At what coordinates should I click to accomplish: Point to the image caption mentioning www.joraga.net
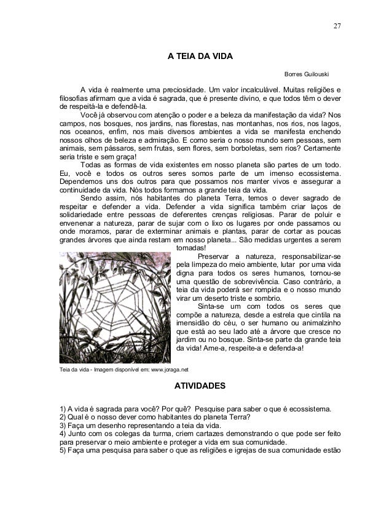(123, 370)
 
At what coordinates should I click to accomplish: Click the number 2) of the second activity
(62, 417)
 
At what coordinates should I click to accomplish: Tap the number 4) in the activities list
(62, 434)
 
